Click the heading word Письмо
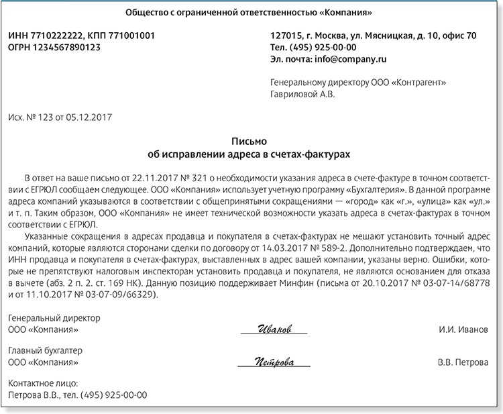[249, 142]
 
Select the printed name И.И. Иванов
[462, 330]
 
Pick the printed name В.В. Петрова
[463, 363]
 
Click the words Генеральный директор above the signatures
[54, 317]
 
